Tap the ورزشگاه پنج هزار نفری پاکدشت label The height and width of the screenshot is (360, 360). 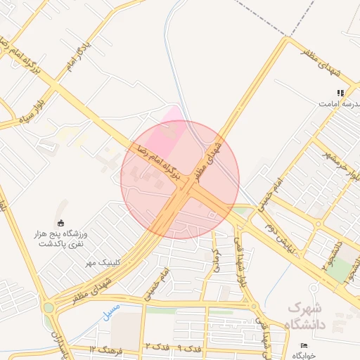point(60,237)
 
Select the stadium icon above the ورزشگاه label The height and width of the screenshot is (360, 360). point(60,222)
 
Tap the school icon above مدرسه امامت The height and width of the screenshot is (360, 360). point(340,92)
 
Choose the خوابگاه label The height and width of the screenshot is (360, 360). point(304,356)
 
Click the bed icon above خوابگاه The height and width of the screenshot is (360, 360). point(304,346)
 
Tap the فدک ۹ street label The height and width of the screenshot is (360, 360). point(189,348)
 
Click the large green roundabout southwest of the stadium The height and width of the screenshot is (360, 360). point(49,307)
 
